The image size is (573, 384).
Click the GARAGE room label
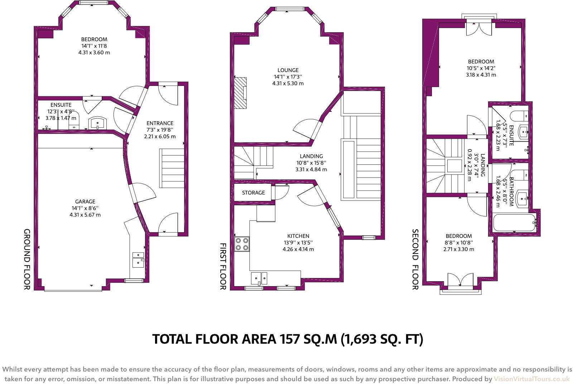pos(85,202)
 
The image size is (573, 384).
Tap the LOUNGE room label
pos(288,70)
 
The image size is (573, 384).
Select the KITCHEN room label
pos(298,236)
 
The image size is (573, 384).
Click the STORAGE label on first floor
pos(253,193)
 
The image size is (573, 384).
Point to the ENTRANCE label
pos(160,123)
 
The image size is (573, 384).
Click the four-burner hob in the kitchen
pos(242,244)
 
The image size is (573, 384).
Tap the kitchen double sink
pos(259,278)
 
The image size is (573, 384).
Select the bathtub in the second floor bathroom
pos(514,223)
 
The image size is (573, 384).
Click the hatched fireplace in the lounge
pos(241,93)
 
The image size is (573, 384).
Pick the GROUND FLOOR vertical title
pos(27,259)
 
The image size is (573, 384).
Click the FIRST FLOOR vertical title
pos(222,266)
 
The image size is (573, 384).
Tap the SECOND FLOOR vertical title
pos(415,259)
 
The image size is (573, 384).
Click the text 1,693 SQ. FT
pos(382,339)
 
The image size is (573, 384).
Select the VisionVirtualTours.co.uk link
pos(531,379)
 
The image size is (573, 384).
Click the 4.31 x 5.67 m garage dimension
pos(85,215)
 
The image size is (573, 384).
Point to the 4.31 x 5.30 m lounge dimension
pos(288,83)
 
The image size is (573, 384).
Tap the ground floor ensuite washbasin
pos(97,123)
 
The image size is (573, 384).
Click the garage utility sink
pos(138,259)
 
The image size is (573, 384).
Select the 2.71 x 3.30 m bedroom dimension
pos(458,249)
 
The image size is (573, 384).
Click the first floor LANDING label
pos(311,156)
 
